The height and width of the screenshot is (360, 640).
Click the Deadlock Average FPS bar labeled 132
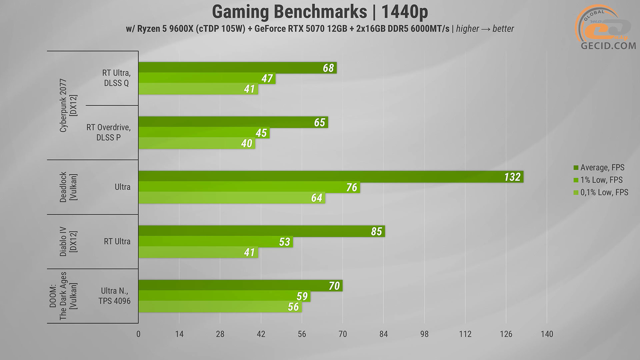coord(330,177)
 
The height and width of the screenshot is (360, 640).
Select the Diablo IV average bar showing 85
coord(261,231)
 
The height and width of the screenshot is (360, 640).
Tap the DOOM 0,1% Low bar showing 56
coord(220,307)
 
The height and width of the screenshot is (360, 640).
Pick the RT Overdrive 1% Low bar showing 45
coord(204,133)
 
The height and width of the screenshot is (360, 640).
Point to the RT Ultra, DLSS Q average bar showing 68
coord(237,68)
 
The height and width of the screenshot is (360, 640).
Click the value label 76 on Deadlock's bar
coord(352,187)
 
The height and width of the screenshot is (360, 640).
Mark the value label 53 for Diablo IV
coord(284,242)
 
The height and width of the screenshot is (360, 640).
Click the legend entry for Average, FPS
coord(602,167)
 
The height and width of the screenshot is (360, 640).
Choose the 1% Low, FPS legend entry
coord(601,180)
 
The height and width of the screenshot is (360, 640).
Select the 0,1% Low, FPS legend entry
coord(604,192)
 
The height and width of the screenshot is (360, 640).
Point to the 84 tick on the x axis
coord(383,334)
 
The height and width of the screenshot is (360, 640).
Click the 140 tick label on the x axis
coord(547,334)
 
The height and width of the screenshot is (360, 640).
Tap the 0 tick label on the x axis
coord(138,334)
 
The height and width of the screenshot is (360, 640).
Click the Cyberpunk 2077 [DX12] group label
coord(68,105)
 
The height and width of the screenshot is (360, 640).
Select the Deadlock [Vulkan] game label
coord(68,187)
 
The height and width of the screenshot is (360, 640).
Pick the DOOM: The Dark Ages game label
coord(63,296)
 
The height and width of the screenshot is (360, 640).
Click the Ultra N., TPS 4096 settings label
coord(114,296)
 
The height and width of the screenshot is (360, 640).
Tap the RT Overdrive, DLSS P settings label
coord(109,132)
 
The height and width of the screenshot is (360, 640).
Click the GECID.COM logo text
coord(608,46)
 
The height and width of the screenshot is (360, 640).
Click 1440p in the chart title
coord(404,12)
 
